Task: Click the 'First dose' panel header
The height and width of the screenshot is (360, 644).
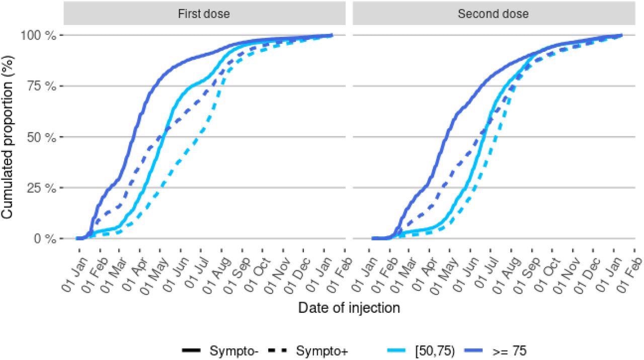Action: tap(204, 14)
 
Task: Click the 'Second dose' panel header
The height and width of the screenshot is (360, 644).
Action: tap(493, 14)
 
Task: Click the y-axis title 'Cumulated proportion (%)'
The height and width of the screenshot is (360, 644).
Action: tap(7, 137)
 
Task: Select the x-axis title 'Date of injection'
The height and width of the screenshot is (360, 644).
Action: tap(349, 308)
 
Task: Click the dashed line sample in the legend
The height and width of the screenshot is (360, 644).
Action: tap(279, 350)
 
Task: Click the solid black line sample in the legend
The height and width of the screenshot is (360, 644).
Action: tap(192, 350)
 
